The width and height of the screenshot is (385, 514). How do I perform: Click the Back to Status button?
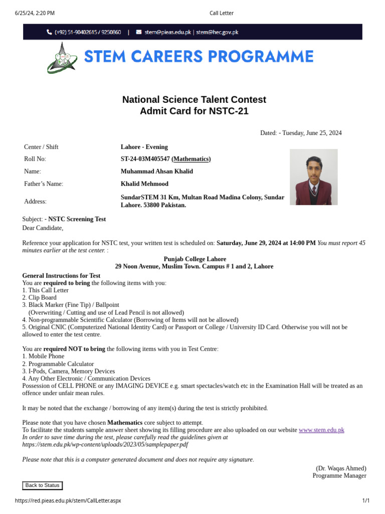[43, 485]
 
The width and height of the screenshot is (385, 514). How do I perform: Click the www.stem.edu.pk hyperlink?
[321, 430]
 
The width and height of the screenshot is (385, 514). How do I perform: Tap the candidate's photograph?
[314, 177]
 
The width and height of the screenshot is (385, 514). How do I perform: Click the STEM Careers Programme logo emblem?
[62, 57]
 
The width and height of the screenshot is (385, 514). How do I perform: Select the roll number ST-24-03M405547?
[145, 159]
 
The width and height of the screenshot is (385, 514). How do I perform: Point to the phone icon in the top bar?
[49, 32]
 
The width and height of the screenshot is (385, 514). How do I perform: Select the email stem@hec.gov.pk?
[217, 32]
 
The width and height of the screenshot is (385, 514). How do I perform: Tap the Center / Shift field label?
[41, 147]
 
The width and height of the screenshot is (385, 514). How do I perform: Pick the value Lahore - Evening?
[144, 147]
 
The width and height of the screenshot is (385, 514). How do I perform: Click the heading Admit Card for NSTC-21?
[194, 111]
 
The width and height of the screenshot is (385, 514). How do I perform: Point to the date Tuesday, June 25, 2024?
[312, 133]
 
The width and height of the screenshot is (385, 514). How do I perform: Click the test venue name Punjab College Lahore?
[195, 259]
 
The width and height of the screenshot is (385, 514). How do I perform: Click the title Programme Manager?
[339, 476]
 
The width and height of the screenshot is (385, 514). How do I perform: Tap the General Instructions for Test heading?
[61, 276]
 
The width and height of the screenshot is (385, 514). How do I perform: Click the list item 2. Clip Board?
[40, 298]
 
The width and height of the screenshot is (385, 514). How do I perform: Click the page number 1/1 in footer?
[365, 501]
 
